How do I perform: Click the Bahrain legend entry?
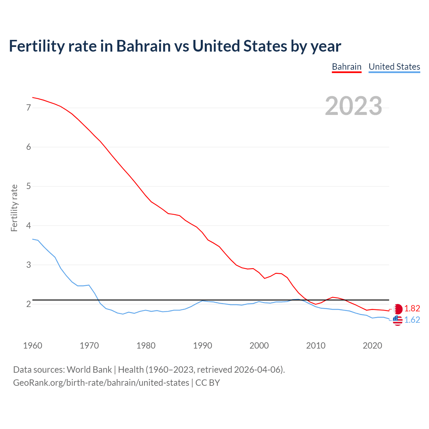click(347, 67)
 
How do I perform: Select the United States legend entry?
click(394, 67)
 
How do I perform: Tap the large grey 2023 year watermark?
click(353, 106)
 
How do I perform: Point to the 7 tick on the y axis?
click(28, 108)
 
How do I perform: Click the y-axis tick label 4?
click(28, 226)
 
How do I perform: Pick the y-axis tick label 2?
click(28, 304)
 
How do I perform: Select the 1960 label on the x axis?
click(33, 346)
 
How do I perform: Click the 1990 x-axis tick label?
click(202, 346)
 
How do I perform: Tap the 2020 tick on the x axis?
click(372, 346)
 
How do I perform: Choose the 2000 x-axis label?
click(259, 346)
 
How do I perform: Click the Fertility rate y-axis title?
click(14, 208)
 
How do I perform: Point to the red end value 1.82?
click(412, 309)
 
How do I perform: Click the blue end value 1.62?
click(412, 320)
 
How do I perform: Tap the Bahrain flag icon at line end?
click(398, 309)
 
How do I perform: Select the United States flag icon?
click(397, 320)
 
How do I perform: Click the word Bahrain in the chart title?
click(143, 46)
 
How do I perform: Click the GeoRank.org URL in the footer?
click(101, 383)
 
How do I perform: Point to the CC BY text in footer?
click(207, 383)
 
